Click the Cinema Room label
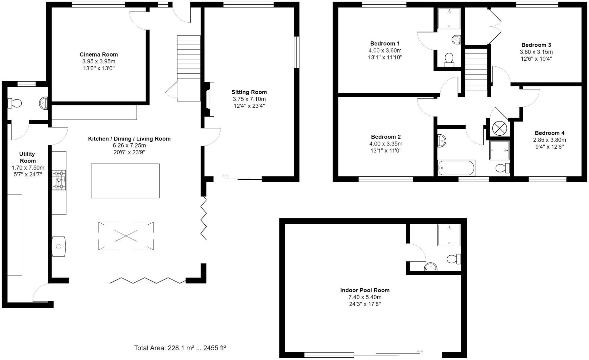[99, 55]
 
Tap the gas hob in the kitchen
[59, 180]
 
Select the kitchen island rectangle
[125, 181]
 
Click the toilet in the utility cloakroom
[14, 103]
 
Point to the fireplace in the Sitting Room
[209, 99]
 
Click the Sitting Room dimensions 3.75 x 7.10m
[249, 99]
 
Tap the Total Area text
[180, 348]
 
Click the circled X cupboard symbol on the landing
[499, 128]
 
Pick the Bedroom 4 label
[550, 133]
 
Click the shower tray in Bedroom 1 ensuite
[449, 18]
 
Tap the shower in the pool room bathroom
[449, 235]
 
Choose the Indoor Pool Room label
[365, 290]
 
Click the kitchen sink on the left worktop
[59, 246]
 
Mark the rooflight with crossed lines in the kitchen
[126, 236]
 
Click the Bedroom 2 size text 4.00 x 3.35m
[386, 144]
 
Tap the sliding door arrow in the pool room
[420, 352]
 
